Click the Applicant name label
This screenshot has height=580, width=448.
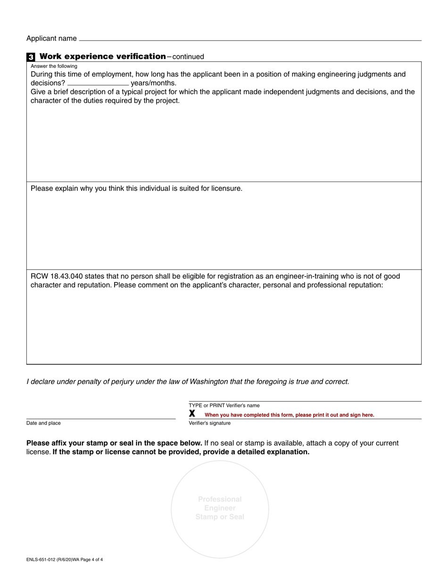(51, 38)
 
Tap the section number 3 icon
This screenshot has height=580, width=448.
(31, 57)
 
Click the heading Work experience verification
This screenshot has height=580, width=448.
(103, 57)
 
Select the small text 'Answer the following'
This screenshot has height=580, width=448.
(54, 66)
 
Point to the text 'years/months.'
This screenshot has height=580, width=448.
(154, 83)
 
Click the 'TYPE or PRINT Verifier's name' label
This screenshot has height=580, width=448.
(224, 406)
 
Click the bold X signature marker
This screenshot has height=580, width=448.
(192, 414)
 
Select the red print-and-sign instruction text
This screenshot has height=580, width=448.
(289, 415)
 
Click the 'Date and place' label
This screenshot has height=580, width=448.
(43, 423)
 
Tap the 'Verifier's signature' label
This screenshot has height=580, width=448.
(209, 423)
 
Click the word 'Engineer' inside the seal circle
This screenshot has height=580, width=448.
(220, 508)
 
